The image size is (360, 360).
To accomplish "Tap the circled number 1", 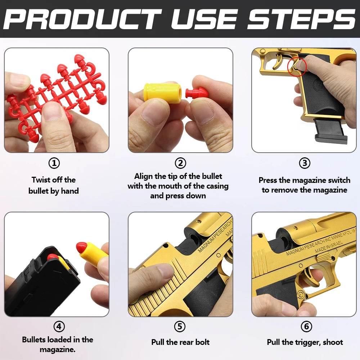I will point(54,163).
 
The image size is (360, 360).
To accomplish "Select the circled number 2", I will point(180,163).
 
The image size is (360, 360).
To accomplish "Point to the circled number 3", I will point(305,163).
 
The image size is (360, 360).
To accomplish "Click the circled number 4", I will point(59,327).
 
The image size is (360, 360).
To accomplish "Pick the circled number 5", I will point(180,327).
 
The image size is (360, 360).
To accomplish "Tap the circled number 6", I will point(306,327).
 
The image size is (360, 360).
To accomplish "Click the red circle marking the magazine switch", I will point(297,66).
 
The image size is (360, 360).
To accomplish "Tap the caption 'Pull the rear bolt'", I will point(180,342).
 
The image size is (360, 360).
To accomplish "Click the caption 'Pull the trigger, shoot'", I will point(305,342).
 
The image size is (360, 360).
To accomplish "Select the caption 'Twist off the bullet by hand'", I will point(54,185).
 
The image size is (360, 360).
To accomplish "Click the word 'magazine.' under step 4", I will point(58,350).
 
